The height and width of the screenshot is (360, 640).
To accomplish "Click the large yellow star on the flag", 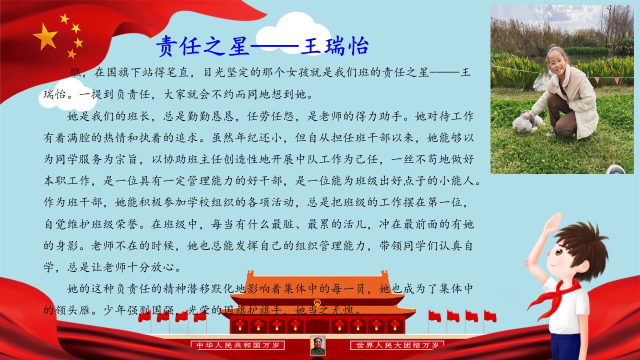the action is [x=45, y=37].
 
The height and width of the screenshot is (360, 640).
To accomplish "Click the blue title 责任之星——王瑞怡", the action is [x=262, y=46].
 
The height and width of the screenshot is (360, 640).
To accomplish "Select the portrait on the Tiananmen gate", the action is [x=317, y=345].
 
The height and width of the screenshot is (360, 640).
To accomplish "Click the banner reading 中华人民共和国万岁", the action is [x=237, y=345].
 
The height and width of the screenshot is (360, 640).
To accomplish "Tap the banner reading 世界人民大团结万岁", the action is [x=397, y=345].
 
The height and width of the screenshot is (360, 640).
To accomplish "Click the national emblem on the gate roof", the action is [x=317, y=302].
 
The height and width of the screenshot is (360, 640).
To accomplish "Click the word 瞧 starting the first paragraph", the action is [x=75, y=72].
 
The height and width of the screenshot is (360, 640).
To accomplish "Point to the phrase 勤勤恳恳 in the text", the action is [x=211, y=116].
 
